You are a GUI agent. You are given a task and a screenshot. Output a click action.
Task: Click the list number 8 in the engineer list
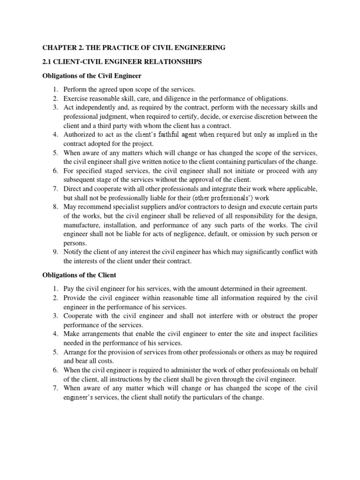pos(54,206)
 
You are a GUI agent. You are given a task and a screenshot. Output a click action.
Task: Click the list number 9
pos(54,252)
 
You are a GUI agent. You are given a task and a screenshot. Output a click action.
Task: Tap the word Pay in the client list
pos(69,289)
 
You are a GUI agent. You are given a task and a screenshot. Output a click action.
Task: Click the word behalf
pos(307,370)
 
